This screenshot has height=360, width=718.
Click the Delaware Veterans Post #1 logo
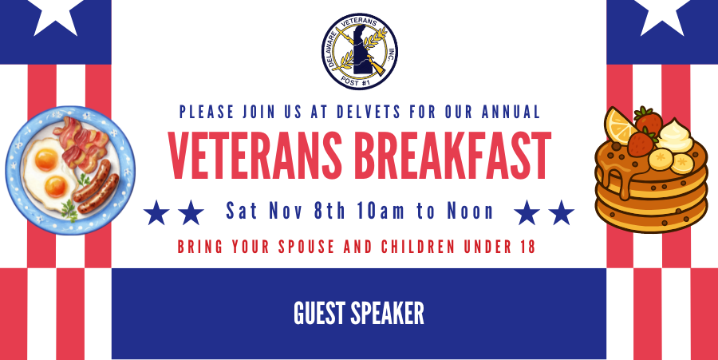click(x=359, y=51)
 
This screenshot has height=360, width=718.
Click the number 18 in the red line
click(x=524, y=247)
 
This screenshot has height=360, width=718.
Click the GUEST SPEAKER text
click(x=359, y=314)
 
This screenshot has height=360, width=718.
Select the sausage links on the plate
click(x=94, y=188)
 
